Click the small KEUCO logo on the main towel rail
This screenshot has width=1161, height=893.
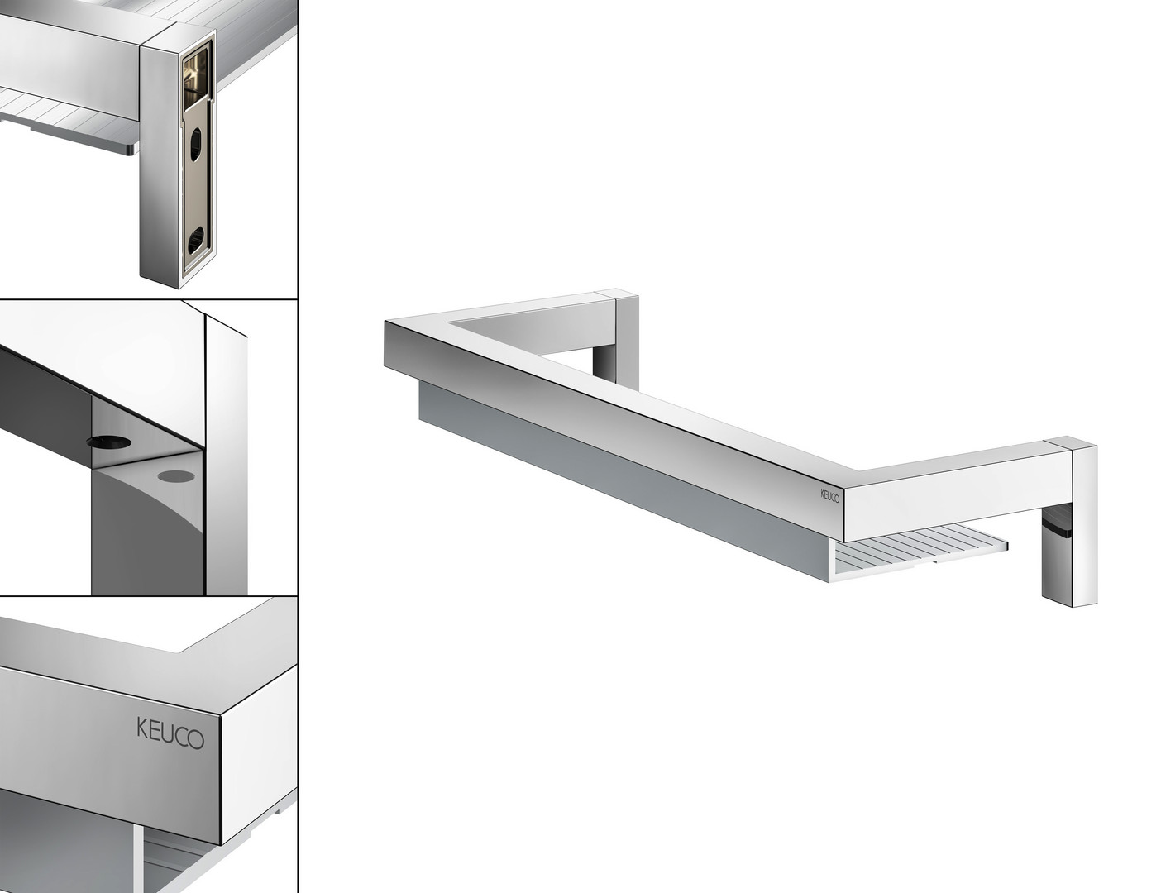coord(829,496)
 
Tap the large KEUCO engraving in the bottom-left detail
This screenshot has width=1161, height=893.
coord(170,733)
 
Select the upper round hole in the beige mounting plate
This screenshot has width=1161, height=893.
coord(195,144)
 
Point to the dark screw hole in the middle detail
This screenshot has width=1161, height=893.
coord(109,441)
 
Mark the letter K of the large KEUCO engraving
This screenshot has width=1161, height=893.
coord(143,727)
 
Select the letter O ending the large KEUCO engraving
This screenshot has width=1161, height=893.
coord(196,739)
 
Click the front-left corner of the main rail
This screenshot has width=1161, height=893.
coord(385,322)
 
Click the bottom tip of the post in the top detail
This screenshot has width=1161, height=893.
coord(179,289)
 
